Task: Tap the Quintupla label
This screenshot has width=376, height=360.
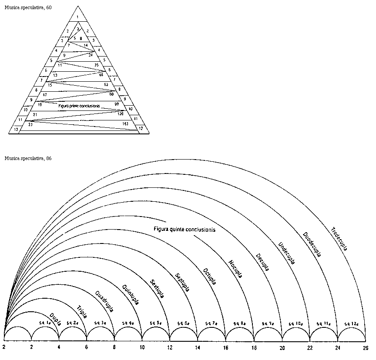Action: (x=131, y=294)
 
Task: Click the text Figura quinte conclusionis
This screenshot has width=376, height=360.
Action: (x=185, y=229)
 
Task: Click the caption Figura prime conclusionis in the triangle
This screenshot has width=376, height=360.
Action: (x=79, y=106)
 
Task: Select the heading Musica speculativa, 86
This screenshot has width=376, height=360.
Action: (x=28, y=158)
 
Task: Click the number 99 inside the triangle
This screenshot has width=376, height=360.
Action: (x=117, y=104)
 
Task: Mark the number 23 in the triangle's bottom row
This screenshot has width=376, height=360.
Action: (x=30, y=124)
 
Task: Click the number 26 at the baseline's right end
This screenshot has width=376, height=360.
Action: (x=366, y=348)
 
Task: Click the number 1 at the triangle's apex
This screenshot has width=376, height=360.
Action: (x=77, y=17)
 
